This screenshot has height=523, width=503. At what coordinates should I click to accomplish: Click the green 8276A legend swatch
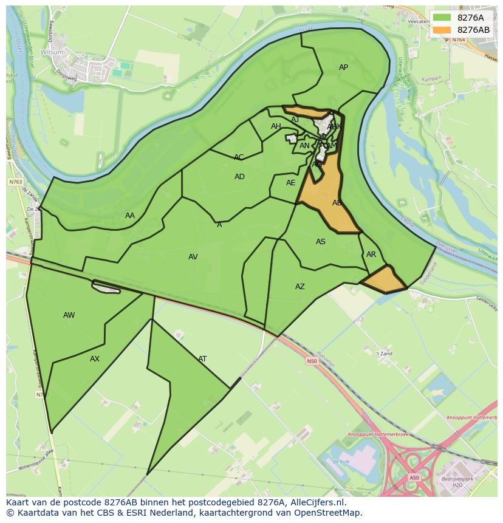[x=442, y=18]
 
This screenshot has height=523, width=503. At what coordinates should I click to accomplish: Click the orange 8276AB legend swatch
[x=442, y=30]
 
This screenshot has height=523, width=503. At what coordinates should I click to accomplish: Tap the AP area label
[x=343, y=67]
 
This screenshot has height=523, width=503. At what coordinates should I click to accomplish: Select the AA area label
[x=130, y=216]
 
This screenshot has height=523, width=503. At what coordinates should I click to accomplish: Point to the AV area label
[x=193, y=257]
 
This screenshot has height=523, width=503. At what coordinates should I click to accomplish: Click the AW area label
[x=69, y=315]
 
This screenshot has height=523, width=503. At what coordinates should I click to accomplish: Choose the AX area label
[x=95, y=359]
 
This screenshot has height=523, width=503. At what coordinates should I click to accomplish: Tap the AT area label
[x=202, y=359]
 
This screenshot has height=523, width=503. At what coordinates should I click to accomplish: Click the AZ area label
[x=300, y=287]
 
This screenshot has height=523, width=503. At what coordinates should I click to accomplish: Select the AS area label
[x=321, y=242]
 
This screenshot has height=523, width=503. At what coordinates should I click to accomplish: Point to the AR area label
[x=371, y=255]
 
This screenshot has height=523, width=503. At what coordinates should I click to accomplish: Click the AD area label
[x=239, y=177]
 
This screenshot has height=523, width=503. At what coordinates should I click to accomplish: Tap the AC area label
[x=239, y=157]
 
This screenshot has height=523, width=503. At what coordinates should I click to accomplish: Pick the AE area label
[x=291, y=183]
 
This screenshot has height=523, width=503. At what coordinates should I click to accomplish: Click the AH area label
[x=276, y=126]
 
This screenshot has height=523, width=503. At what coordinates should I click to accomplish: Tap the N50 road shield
[x=311, y=361]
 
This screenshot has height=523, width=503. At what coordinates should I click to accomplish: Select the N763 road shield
[x=15, y=182]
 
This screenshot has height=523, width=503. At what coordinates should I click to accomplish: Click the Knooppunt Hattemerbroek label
[x=371, y=435]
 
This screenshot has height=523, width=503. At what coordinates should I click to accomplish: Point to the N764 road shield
[x=458, y=39]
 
